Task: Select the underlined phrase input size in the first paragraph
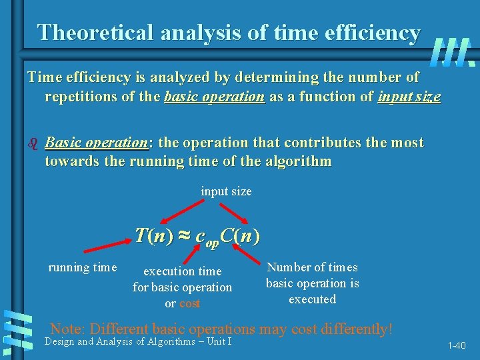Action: [409, 97]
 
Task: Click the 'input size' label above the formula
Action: [226, 191]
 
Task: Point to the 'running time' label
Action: [83, 267]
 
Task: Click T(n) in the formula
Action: [153, 235]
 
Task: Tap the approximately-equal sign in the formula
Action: [184, 236]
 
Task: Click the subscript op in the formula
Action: [212, 243]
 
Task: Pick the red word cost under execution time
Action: [190, 303]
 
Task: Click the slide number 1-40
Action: [457, 345]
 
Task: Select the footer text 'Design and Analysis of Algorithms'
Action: [114, 341]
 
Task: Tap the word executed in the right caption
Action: [312, 299]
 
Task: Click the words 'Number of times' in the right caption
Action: [312, 267]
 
